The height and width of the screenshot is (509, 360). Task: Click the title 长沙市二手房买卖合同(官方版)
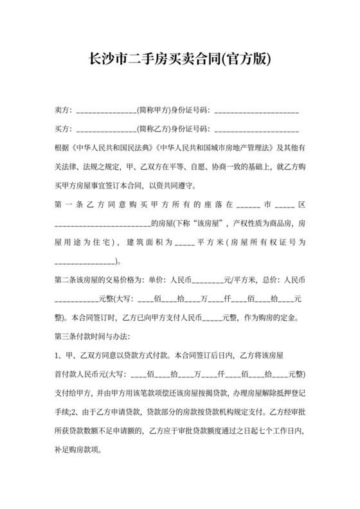(179, 60)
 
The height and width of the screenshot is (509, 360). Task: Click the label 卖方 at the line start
(62, 111)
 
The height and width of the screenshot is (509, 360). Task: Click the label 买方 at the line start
(62, 129)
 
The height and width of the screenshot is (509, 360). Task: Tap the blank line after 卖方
(107, 111)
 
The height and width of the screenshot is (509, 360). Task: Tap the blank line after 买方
(107, 129)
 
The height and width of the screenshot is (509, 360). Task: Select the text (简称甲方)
(153, 111)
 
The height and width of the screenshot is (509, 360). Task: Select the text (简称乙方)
(153, 129)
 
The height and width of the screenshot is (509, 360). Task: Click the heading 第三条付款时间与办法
(93, 336)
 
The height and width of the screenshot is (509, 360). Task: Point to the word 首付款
(68, 374)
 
